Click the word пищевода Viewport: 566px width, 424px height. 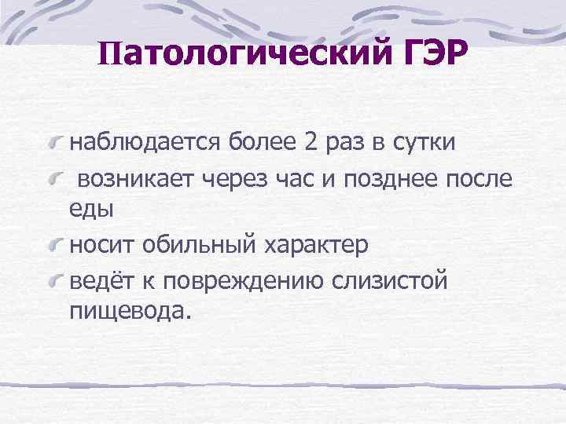[129, 311]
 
